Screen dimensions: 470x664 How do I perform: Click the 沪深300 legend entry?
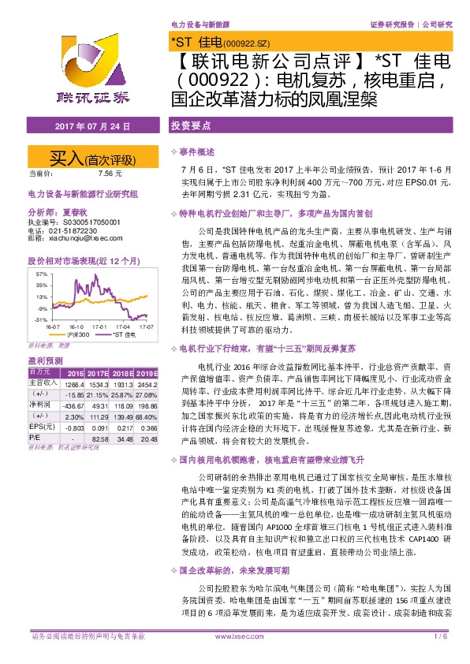79,334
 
